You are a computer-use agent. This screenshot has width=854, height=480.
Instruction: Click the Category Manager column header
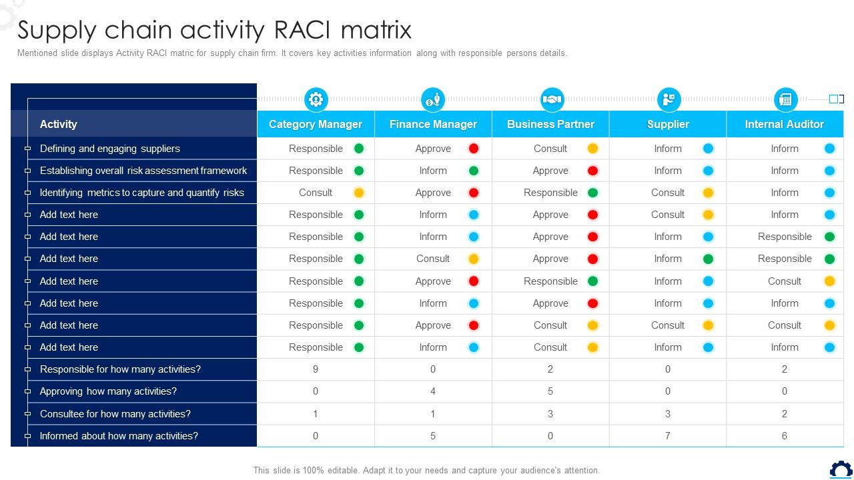coord(316,124)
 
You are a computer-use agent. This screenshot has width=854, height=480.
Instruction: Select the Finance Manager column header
coord(433,124)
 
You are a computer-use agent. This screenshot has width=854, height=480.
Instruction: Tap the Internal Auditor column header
coord(785,124)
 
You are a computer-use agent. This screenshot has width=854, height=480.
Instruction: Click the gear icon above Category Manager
coord(316,99)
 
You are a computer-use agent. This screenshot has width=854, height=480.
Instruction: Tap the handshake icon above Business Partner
coord(551,99)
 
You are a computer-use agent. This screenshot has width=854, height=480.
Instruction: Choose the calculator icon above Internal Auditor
coord(785,99)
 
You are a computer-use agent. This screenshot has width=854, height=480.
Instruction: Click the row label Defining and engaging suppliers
coord(110,149)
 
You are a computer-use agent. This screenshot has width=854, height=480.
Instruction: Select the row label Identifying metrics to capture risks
coord(142,193)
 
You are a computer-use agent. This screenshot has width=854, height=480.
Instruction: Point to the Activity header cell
coord(59,124)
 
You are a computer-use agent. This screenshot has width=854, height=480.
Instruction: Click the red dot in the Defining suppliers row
coord(474,149)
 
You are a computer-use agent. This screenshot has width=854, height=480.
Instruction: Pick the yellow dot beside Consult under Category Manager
coord(358,193)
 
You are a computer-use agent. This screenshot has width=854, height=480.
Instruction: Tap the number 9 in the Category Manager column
coord(316,369)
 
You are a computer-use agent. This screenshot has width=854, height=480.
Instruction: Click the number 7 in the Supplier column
coord(668,436)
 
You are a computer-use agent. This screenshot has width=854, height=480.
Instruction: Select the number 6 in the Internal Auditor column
coord(785,436)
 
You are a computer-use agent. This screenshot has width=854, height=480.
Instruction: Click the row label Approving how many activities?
coord(108,391)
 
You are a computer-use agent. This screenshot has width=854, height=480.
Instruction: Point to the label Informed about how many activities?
coord(119,436)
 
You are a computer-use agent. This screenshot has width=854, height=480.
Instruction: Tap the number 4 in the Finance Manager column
coord(433,391)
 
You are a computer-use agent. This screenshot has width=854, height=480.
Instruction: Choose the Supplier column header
coord(668,124)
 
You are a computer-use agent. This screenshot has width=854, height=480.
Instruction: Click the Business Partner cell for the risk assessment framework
coord(551,171)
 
